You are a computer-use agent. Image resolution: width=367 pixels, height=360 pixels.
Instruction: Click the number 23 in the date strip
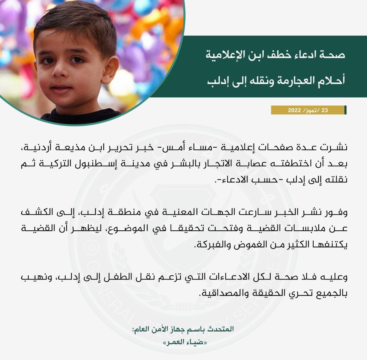[325, 110]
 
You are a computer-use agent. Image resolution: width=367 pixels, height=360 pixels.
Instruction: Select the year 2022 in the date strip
[294, 110]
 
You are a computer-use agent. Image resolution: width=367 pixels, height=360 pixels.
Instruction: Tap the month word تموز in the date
[311, 110]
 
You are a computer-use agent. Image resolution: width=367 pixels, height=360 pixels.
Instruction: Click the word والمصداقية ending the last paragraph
[220, 294]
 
